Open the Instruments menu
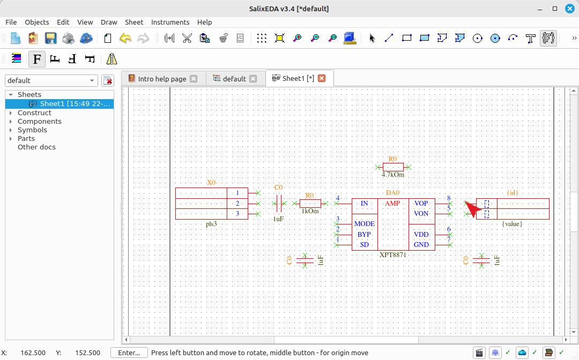click(x=170, y=22)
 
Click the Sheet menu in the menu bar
click(x=134, y=22)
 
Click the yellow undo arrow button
click(x=125, y=38)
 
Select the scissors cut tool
click(x=187, y=38)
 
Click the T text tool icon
click(x=530, y=38)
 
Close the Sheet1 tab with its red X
click(x=322, y=78)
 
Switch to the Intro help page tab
click(x=162, y=79)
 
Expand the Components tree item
click(x=11, y=122)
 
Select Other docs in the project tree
click(x=36, y=147)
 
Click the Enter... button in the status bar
click(x=129, y=352)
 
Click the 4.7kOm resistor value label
click(x=393, y=175)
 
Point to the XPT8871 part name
click(x=393, y=255)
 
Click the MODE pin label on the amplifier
click(x=365, y=223)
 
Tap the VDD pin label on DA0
click(x=421, y=234)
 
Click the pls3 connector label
click(x=212, y=224)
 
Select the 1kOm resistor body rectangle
click(x=310, y=203)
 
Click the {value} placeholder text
click(x=512, y=224)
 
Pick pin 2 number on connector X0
click(x=237, y=203)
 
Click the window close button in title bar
click(x=570, y=9)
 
